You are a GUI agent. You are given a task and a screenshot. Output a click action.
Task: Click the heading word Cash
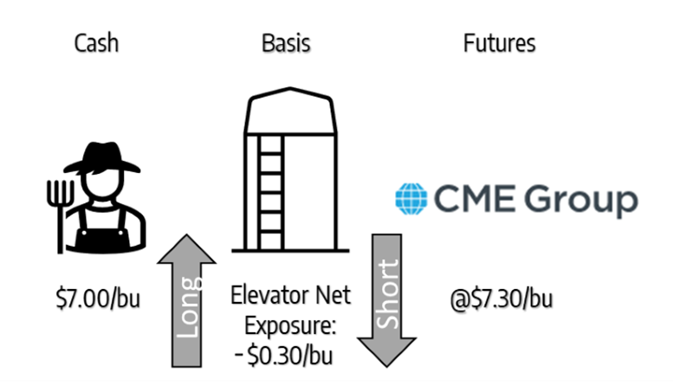coord(96,43)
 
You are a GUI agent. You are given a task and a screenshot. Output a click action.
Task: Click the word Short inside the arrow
coord(388,293)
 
